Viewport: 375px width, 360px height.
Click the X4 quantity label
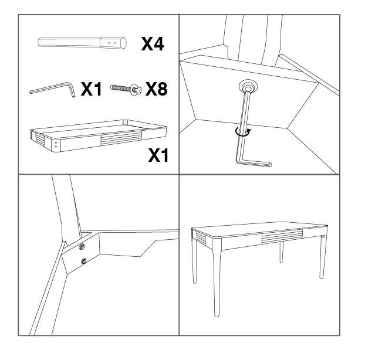click(153, 44)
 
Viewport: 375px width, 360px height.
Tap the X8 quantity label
click(157, 89)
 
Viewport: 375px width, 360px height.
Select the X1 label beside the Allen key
click(92, 89)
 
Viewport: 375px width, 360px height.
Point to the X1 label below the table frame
click(158, 155)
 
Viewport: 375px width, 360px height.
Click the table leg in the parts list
click(82, 43)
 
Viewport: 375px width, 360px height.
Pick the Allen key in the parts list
click(53, 89)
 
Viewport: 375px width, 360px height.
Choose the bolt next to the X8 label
click(126, 89)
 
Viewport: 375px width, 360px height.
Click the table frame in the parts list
click(98, 135)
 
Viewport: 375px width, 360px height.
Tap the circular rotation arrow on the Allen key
click(243, 132)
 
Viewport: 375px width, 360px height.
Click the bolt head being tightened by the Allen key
click(248, 87)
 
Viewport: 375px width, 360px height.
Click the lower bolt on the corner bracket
click(84, 261)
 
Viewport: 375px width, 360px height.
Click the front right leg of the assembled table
click(323, 256)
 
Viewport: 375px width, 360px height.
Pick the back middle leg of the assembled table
click(282, 252)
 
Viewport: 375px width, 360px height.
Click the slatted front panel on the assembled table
click(282, 236)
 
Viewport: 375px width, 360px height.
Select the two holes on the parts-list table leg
click(112, 43)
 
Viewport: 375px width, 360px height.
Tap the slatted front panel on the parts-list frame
click(121, 138)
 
